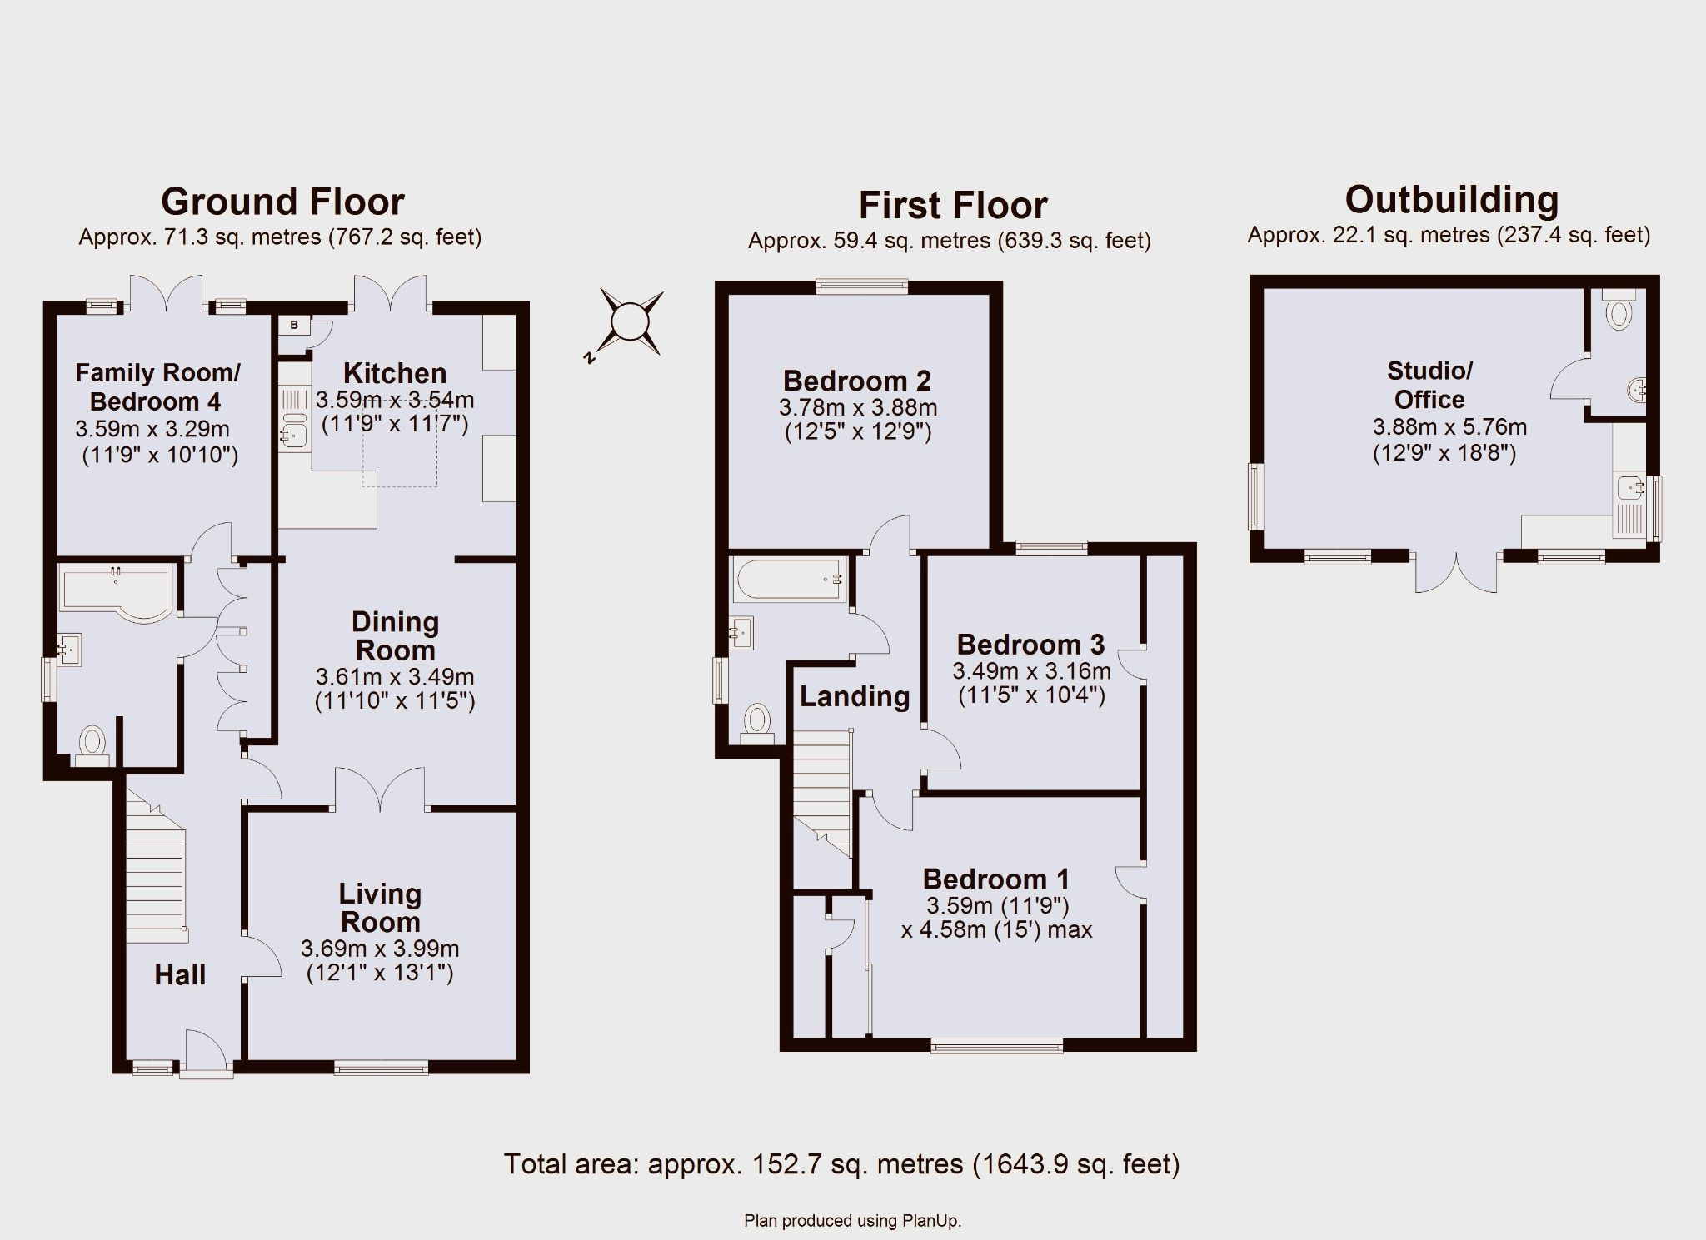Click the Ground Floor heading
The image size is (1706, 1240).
[282, 202]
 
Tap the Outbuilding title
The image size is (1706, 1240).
[1452, 200]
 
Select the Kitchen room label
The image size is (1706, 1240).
[395, 372]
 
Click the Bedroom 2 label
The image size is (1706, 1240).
[857, 381]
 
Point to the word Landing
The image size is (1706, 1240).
[855, 696]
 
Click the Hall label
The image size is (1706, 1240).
[180, 974]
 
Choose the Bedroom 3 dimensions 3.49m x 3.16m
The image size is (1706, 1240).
[1031, 671]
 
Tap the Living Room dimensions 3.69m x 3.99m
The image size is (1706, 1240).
[380, 949]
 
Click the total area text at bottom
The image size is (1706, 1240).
[841, 1163]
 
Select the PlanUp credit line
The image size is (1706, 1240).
[852, 1222]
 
